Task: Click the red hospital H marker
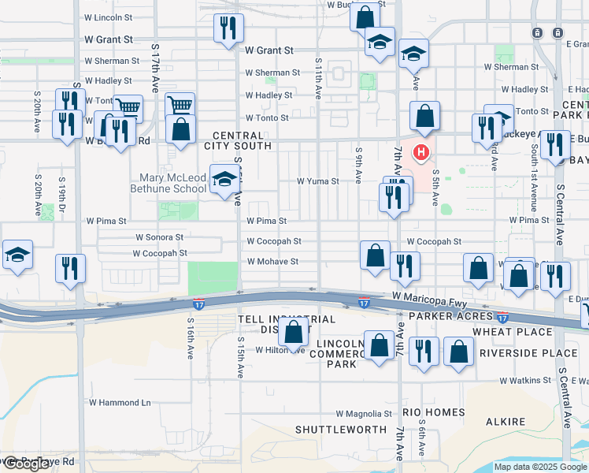(x=422, y=152)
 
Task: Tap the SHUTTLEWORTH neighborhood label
(x=340, y=430)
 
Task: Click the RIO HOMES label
(x=433, y=412)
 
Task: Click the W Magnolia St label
(x=363, y=413)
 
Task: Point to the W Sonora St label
(x=159, y=236)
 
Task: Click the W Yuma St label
(x=317, y=181)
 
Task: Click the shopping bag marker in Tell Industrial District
(x=294, y=333)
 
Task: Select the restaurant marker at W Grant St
(x=226, y=30)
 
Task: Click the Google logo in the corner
(x=26, y=464)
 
